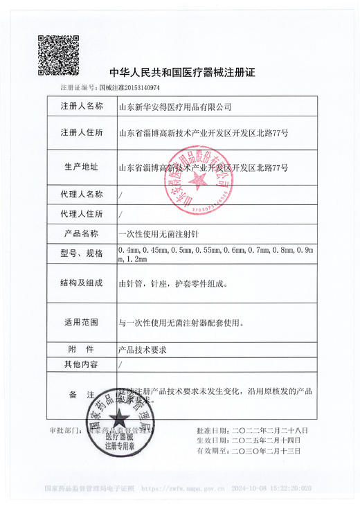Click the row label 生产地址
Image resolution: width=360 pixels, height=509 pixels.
[82, 167]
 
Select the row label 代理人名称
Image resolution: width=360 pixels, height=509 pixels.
[82, 194]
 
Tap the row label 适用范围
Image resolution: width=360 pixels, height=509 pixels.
[82, 323]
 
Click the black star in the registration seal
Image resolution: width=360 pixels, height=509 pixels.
[119, 418]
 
